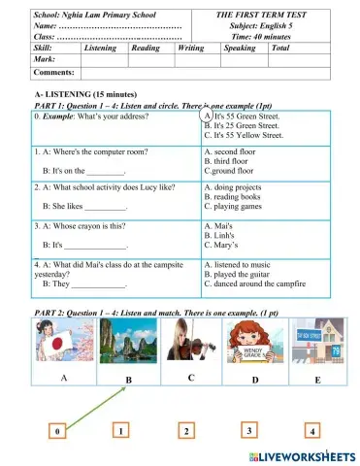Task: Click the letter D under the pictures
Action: pos(254,379)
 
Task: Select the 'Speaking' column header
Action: pos(240,47)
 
